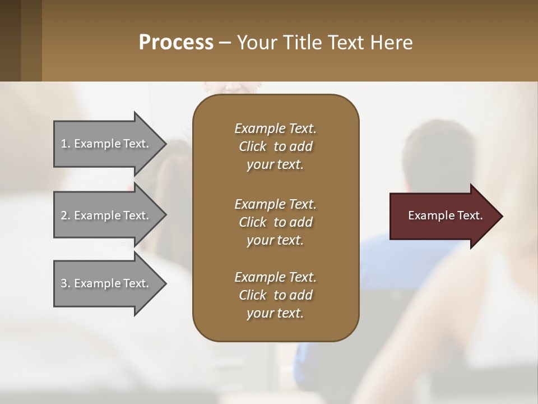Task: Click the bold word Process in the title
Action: click(176, 43)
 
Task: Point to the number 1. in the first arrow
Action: click(66, 144)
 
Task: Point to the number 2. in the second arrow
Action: click(66, 215)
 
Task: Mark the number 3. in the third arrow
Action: click(66, 283)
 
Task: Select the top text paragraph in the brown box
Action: click(275, 146)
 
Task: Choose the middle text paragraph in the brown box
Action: click(275, 222)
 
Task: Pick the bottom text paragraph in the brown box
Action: click(275, 295)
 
